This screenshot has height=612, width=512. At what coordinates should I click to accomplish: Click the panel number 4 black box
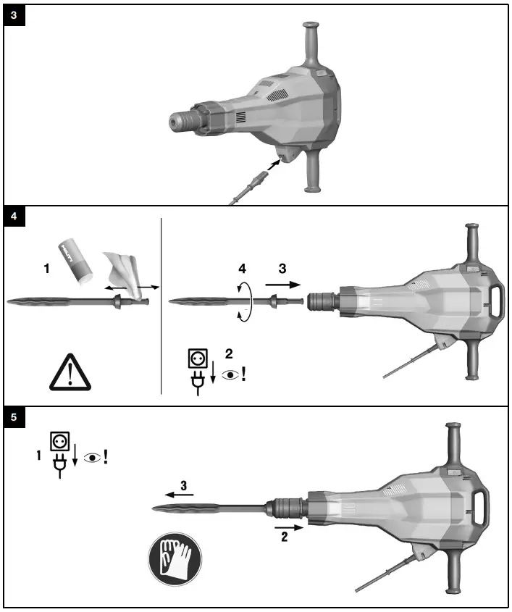(14, 215)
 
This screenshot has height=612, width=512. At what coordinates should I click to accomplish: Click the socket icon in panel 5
(59, 441)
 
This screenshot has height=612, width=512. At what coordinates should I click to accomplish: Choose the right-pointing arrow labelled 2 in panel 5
(288, 529)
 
